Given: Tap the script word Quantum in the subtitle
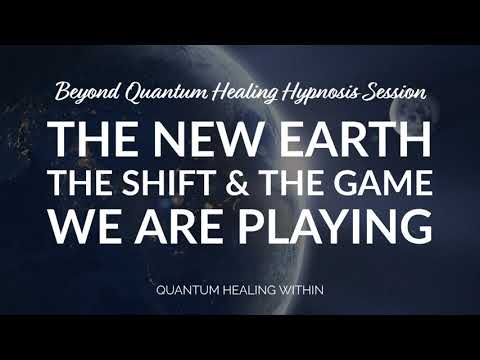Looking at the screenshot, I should click(x=156, y=94).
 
